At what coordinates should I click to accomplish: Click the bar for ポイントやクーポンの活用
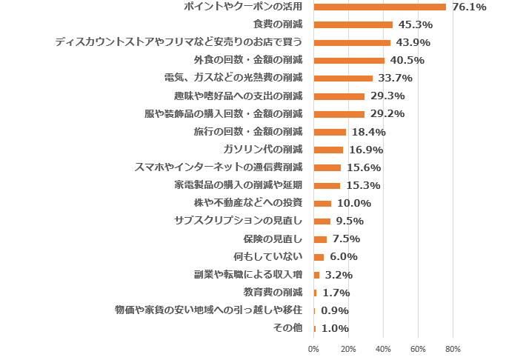tap(379, 7)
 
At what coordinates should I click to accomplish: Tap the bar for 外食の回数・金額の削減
tap(349, 61)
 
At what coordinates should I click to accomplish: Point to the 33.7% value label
tap(394, 79)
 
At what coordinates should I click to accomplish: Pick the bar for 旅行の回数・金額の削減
tap(330, 132)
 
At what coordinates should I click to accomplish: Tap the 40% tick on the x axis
tap(383, 348)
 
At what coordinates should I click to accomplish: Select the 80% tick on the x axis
tap(453, 348)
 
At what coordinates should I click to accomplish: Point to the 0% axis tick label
tap(313, 348)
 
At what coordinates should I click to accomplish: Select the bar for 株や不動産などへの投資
tap(322, 204)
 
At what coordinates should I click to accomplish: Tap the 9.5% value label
tap(349, 221)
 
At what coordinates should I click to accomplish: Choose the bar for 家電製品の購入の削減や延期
tap(327, 186)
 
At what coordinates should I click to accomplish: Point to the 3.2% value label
tap(339, 275)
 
